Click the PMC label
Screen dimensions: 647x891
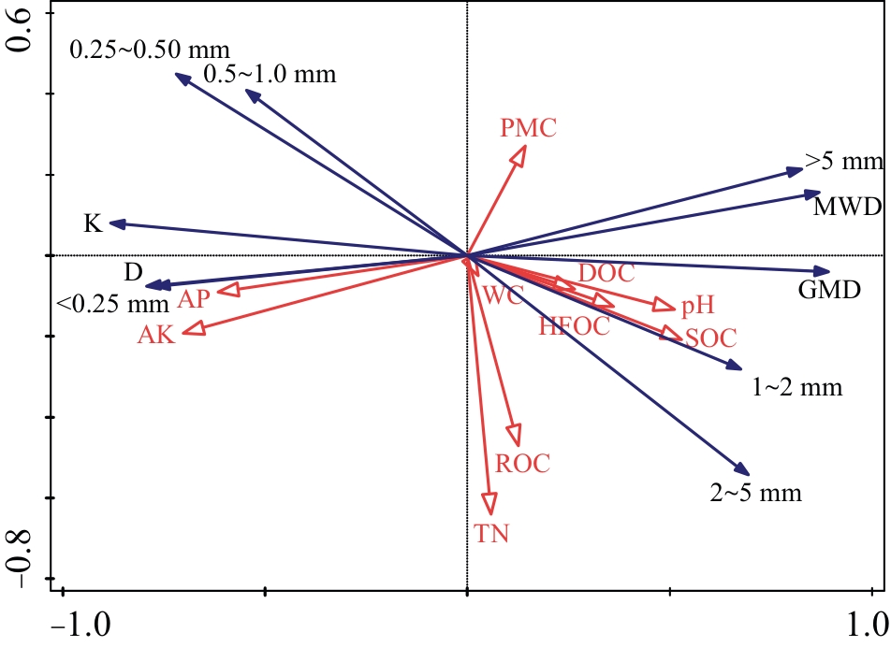[x=528, y=127]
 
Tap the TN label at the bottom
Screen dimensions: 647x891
[x=492, y=534]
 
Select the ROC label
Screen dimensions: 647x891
[x=522, y=462]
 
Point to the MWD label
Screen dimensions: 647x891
[x=847, y=206]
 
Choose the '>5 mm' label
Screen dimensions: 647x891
[x=843, y=162]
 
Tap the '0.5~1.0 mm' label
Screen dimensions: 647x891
[x=269, y=73]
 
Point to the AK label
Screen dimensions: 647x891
[x=155, y=336]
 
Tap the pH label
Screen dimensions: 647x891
[x=697, y=305]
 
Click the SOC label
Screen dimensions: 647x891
[x=710, y=338]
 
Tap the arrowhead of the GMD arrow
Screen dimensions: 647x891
[x=823, y=271]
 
